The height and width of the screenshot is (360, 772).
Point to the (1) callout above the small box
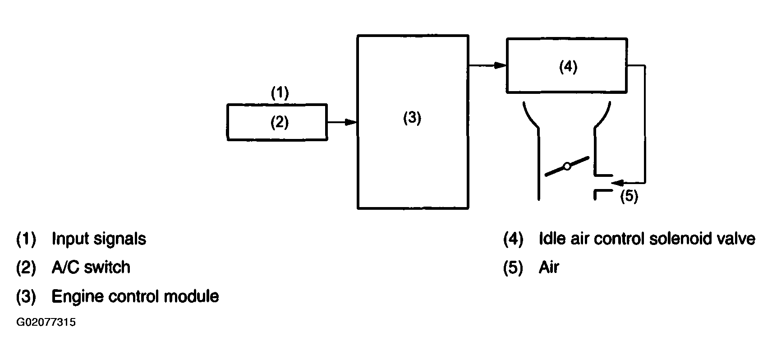point(280,93)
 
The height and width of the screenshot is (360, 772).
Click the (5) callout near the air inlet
point(629,196)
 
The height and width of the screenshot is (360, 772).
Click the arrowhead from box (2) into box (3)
point(351,122)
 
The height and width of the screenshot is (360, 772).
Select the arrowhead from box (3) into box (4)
point(500,65)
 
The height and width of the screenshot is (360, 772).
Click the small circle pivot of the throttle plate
point(567,166)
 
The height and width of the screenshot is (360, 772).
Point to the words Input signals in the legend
point(99,239)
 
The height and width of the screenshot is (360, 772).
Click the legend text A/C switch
point(91,267)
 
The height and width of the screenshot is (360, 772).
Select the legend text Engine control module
point(135,296)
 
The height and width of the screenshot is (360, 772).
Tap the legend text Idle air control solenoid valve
point(647,239)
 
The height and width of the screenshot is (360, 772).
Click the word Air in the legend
point(549,267)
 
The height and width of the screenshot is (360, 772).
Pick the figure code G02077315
point(46,322)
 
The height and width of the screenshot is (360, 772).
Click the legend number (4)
point(513,239)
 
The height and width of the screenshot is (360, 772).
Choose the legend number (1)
point(26,239)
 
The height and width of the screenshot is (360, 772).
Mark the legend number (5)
point(513,268)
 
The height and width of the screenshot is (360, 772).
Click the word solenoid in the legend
point(680,239)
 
